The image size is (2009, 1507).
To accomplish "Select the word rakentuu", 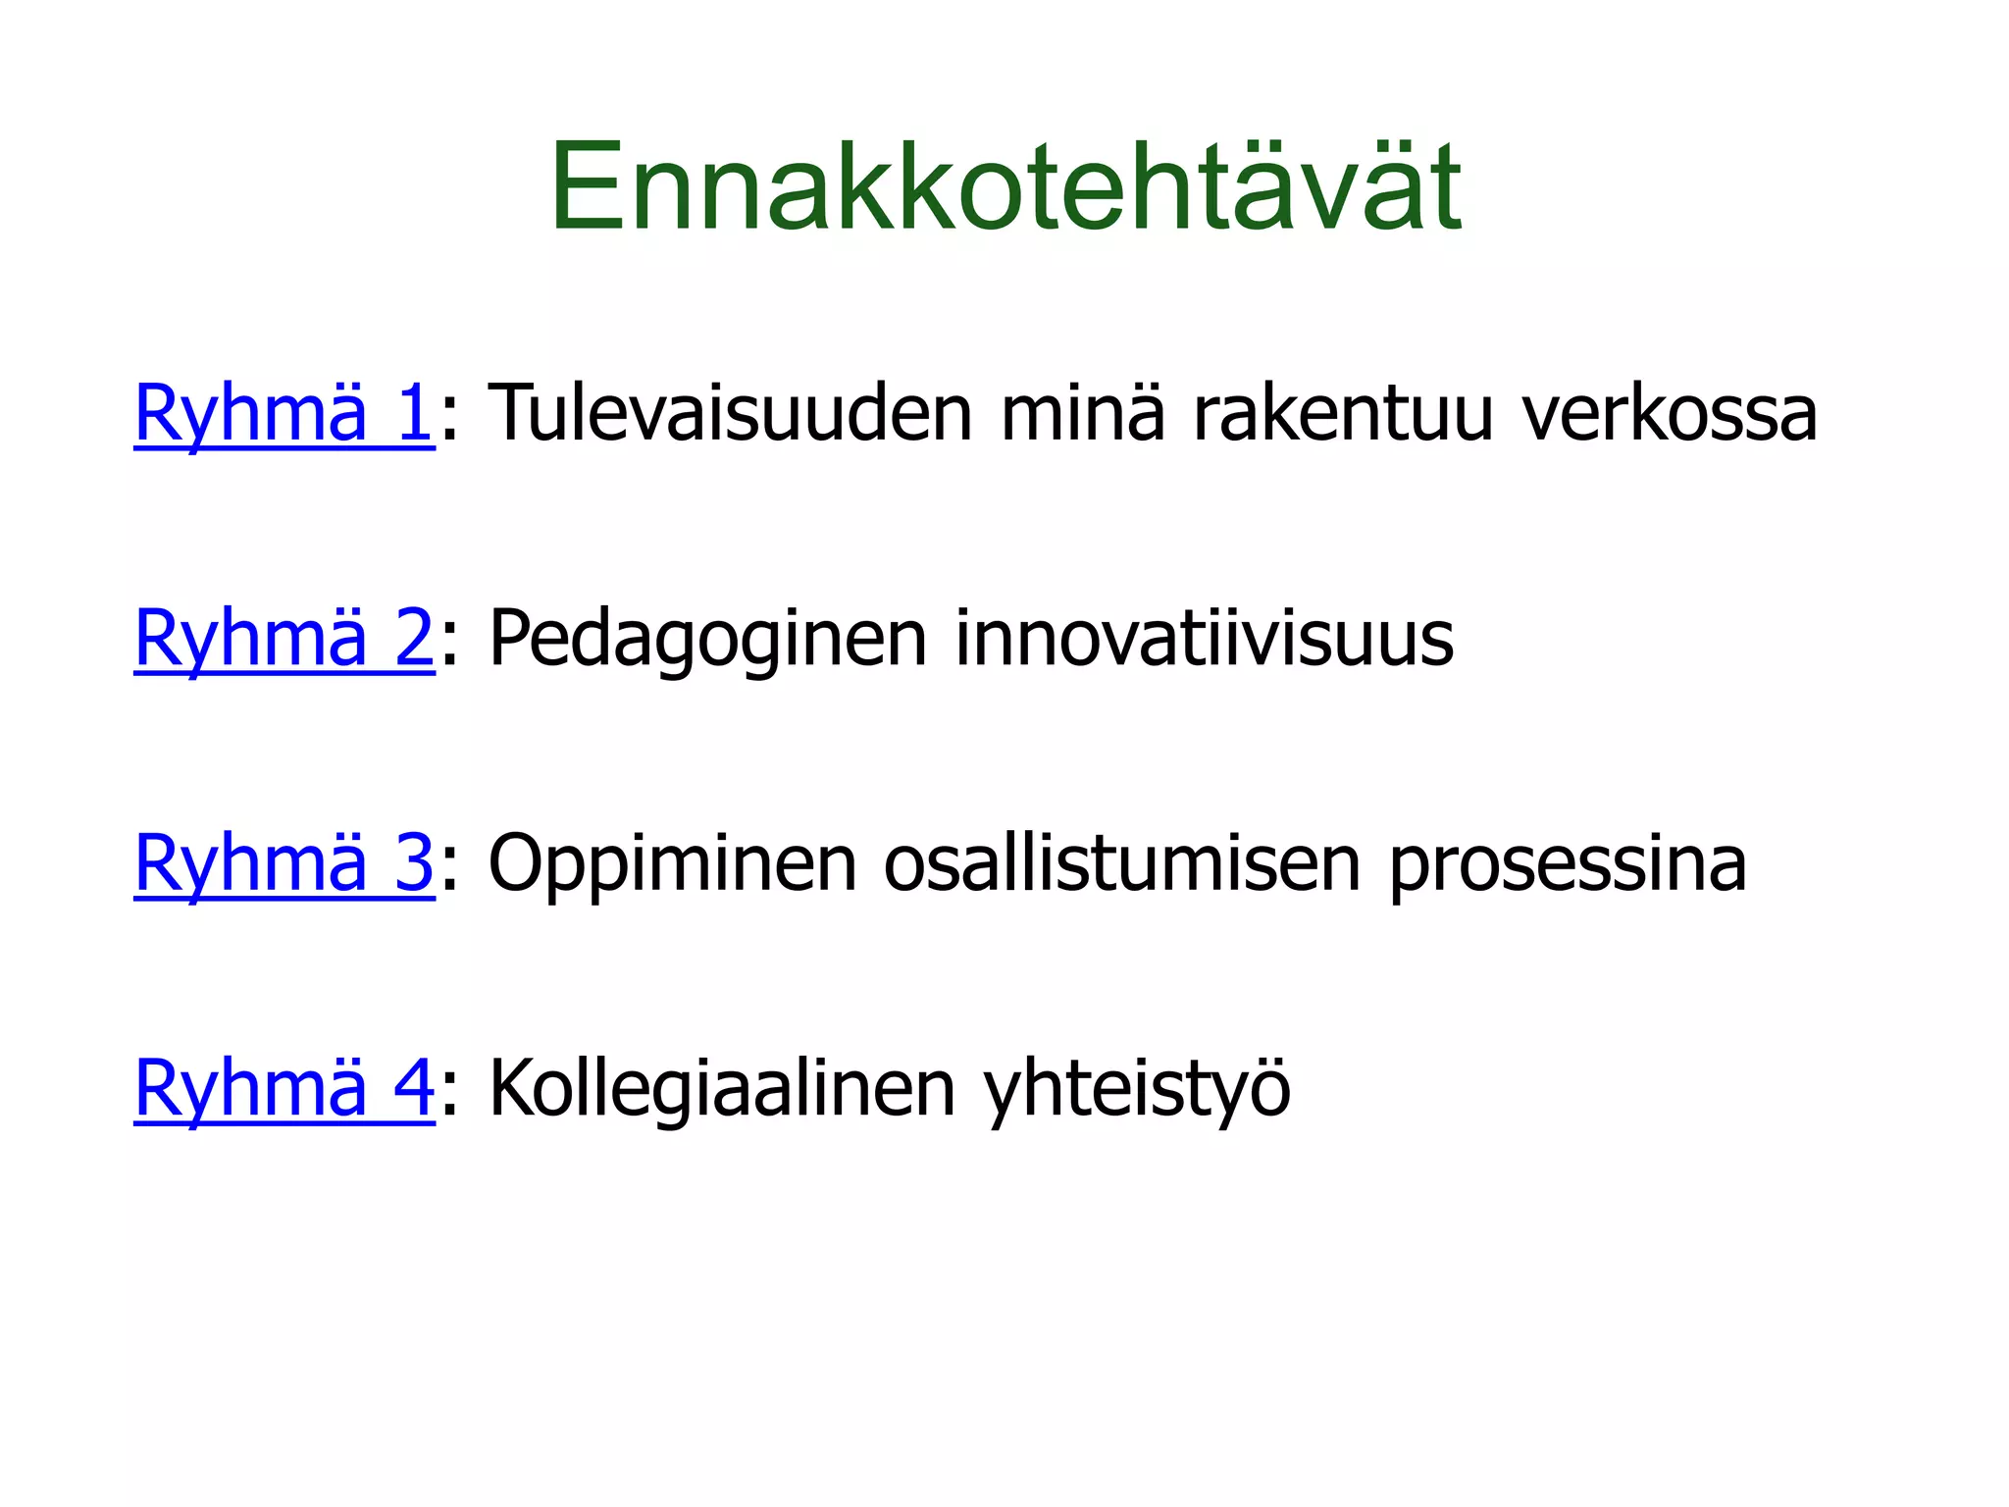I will pos(1343,413).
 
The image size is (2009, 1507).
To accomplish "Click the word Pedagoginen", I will pos(707,640).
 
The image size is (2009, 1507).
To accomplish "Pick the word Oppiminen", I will pos(672,864).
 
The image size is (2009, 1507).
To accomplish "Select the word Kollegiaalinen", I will pos(721,1089).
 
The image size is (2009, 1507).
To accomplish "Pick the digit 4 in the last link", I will pos(413,1089).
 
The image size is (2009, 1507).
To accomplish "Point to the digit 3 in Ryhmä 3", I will pos(413,864).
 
